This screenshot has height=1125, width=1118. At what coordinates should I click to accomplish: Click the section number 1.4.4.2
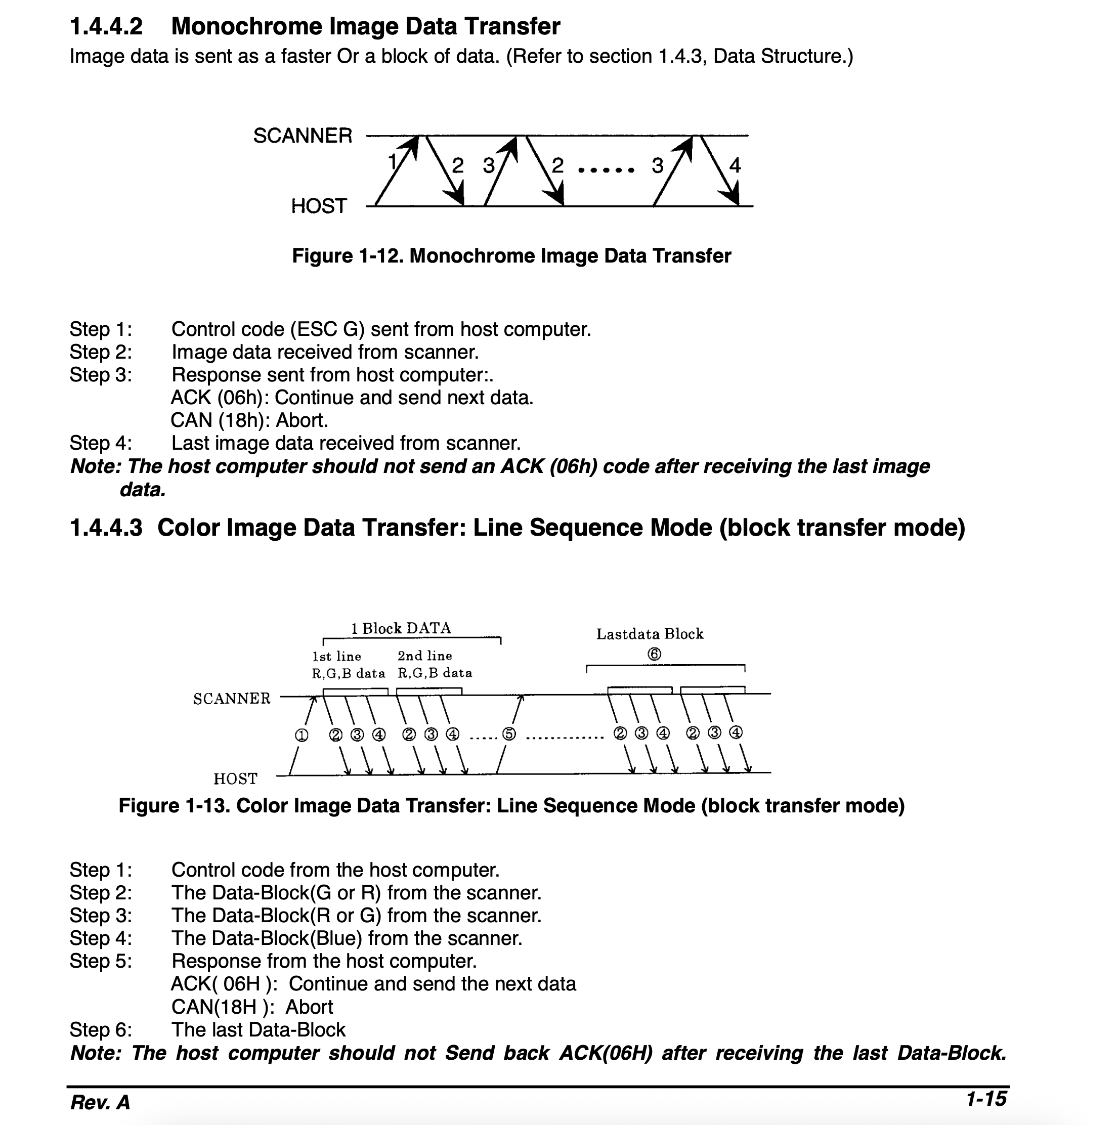pos(106,27)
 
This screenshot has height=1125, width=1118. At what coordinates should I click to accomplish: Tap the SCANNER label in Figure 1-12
pos(302,136)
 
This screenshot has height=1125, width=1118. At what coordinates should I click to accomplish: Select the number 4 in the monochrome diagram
pos(735,166)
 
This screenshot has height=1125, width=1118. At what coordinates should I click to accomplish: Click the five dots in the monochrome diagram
pos(606,170)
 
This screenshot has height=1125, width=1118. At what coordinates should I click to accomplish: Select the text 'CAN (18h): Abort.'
pos(249,420)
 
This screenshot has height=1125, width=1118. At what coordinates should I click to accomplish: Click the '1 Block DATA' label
pos(401,628)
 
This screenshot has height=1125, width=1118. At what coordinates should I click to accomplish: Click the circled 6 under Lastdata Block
pos(654,655)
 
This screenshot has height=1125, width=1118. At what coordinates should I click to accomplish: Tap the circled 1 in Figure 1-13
pos(301,735)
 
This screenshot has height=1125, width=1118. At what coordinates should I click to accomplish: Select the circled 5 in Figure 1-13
pos(509,734)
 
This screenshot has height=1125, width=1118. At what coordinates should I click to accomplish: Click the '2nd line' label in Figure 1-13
pos(424,656)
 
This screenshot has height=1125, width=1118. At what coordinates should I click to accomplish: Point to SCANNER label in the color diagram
pos(232,699)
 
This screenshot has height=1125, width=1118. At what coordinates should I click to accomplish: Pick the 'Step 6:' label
pos(101,1029)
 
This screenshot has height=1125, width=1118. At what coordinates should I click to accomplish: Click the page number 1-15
pos(985,1099)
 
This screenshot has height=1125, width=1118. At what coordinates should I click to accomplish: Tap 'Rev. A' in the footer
pos(100,1102)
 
